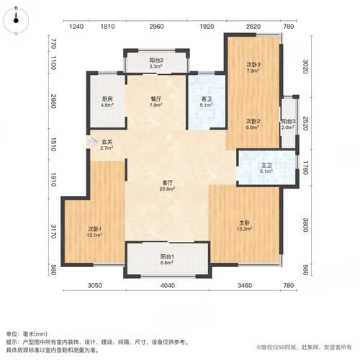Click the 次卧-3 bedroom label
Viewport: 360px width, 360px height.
click(x=253, y=68)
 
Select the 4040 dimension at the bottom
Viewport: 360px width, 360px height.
click(x=167, y=287)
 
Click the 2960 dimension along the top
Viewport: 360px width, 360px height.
click(x=156, y=27)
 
